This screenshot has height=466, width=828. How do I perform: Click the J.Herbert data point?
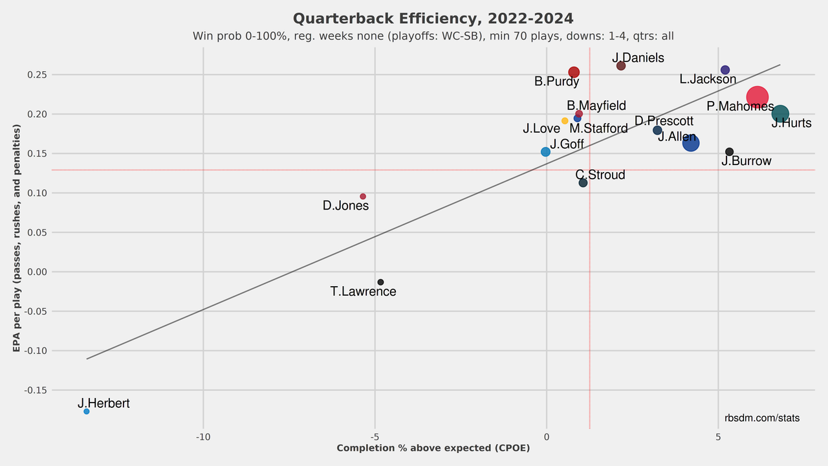[86, 411]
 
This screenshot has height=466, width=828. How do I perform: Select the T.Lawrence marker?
[380, 282]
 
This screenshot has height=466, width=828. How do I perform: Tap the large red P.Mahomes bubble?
[757, 97]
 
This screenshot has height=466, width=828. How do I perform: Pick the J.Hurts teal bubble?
[780, 114]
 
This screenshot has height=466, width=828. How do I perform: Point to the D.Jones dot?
[363, 196]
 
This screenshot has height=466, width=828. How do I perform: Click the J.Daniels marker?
[621, 66]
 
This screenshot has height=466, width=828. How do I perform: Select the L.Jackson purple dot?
[725, 70]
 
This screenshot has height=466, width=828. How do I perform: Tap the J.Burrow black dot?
[729, 151]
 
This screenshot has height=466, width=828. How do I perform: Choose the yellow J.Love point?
[565, 121]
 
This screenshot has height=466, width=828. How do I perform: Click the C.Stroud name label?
[600, 175]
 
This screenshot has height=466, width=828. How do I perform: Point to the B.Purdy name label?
[556, 82]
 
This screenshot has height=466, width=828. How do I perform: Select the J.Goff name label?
[567, 144]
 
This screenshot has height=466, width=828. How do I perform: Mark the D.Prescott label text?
[664, 121]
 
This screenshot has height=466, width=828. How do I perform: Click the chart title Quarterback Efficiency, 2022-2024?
[433, 19]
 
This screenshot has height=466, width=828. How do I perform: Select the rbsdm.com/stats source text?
[762, 419]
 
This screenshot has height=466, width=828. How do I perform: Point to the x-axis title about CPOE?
[433, 448]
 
